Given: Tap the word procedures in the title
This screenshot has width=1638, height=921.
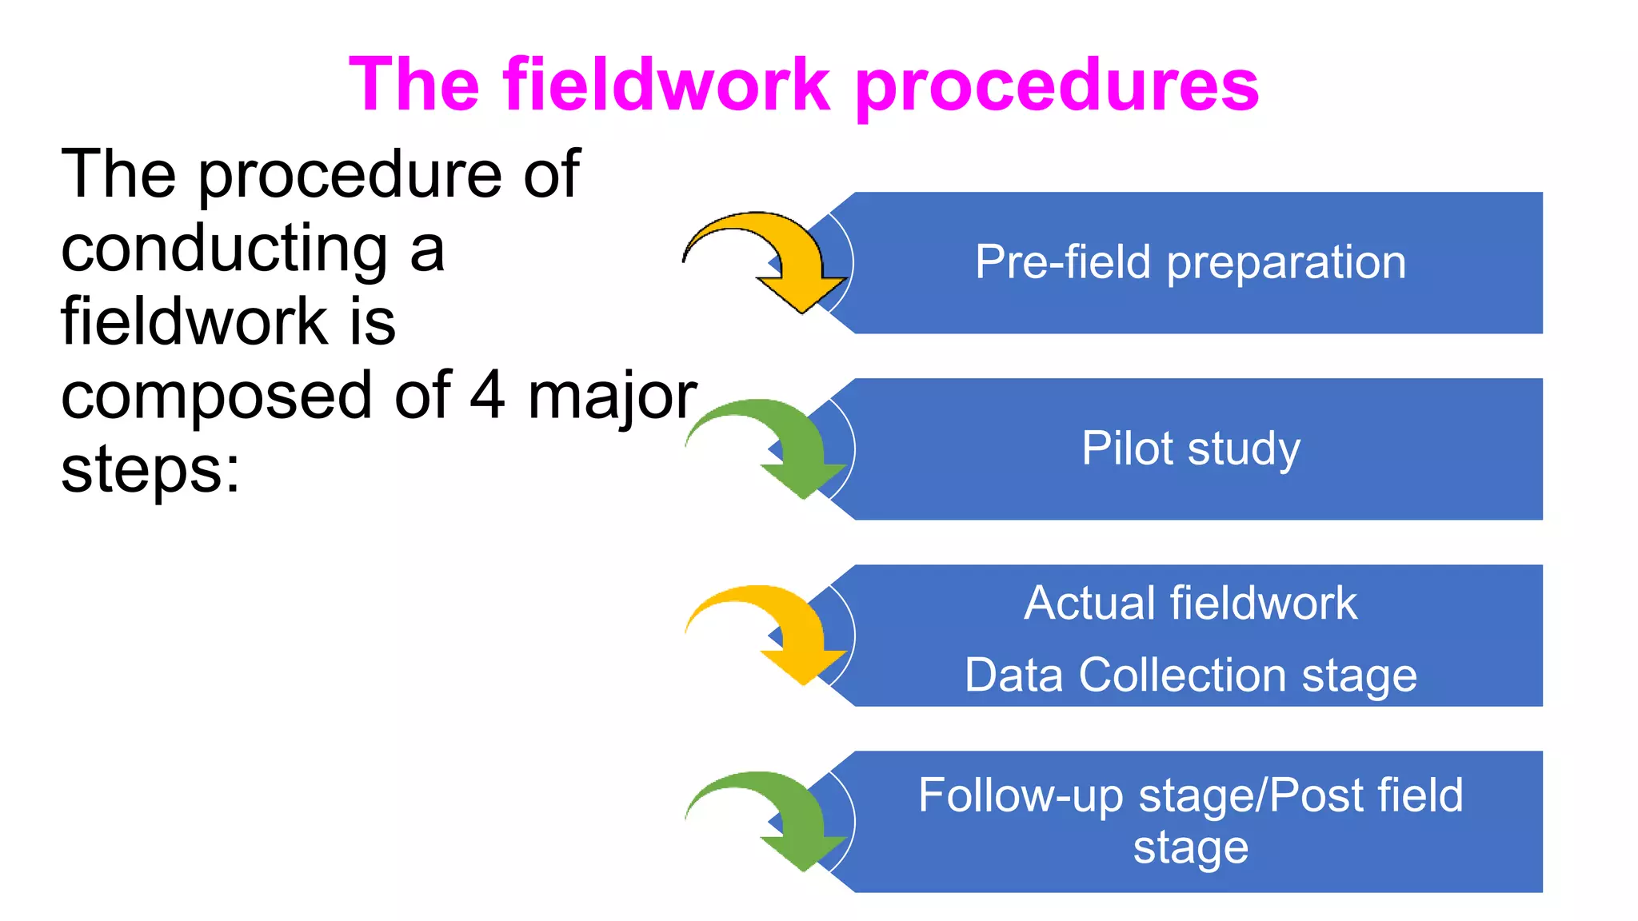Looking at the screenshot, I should click(1057, 86).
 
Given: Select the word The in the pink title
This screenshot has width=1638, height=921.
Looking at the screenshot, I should click(414, 85).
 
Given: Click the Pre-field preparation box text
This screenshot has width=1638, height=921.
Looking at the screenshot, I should click(1190, 262).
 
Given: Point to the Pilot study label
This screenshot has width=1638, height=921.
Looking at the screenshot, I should click(1190, 449).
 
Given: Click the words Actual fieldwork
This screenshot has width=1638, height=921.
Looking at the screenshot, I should click(1190, 603).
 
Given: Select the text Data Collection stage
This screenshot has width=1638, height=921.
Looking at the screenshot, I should click(1190, 676).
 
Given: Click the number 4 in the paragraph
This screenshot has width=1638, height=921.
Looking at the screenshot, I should click(487, 395).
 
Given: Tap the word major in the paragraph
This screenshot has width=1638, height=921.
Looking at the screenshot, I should click(613, 397).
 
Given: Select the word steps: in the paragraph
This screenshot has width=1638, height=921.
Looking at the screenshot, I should click(150, 471).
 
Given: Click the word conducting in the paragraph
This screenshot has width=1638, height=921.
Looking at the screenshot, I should click(225, 249).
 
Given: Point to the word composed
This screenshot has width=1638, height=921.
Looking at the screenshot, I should click(216, 397).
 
